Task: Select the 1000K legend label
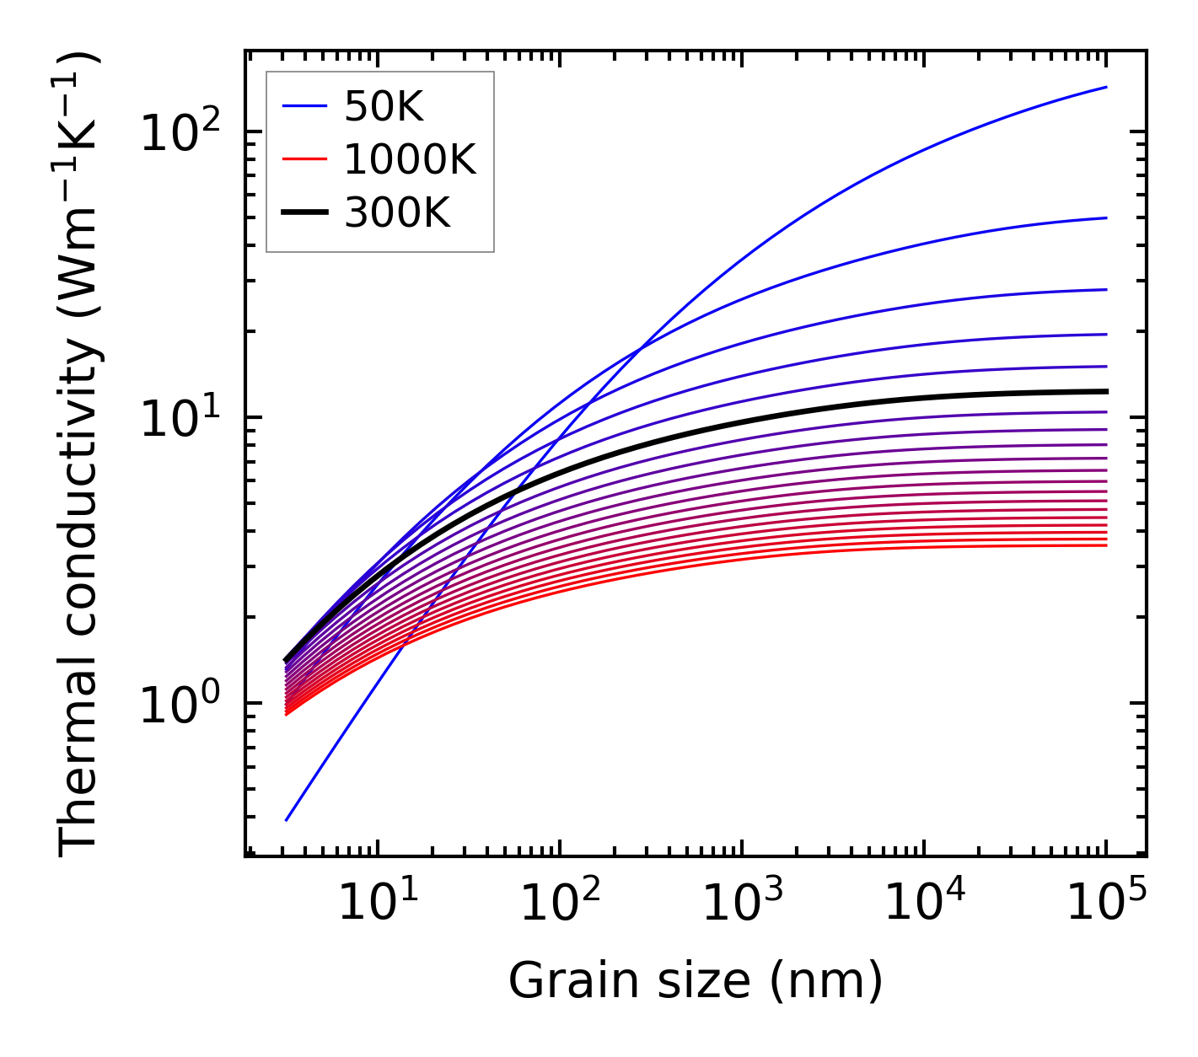410,159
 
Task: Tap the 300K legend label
397,213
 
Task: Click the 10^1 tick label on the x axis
377,903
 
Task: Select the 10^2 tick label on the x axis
559,903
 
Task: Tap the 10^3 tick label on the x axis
741,903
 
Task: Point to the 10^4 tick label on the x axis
923,903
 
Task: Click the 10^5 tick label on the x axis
1105,903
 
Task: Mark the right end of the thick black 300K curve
1105,391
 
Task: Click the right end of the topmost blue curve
1105,87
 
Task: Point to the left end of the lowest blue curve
287,819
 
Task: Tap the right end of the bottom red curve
1105,545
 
